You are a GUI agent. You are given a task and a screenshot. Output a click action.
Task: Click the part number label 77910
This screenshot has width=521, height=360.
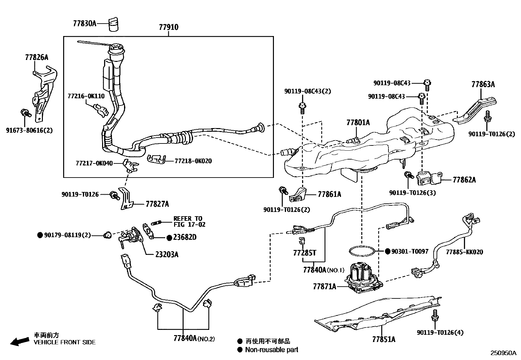pos(169,27)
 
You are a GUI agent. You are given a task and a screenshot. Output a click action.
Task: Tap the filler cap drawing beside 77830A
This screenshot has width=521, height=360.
pos(113,24)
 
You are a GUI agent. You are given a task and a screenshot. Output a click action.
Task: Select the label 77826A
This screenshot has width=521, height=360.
pos(36,57)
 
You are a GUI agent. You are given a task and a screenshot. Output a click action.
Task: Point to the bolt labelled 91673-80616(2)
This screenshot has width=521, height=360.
pos(25,113)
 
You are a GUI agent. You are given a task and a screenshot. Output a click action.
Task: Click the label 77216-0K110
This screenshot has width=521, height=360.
pos(86,96)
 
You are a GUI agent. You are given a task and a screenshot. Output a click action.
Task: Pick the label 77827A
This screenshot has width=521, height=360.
pos(157,204)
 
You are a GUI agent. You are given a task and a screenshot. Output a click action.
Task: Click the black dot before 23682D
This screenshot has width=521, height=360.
pos(169,238)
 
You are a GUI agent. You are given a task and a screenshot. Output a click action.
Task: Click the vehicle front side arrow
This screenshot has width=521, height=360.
pos(19,342)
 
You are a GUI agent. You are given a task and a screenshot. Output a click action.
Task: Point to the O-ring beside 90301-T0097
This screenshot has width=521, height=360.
pos(361,252)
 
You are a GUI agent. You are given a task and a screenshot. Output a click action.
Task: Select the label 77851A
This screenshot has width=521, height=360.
pos(384,339)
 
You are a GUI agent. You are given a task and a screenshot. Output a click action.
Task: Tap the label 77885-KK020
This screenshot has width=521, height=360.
pos(464,252)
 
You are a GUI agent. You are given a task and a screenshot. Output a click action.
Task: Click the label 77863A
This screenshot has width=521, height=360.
pos(483,84)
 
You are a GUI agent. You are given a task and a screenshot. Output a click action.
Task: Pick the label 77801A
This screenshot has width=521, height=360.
pos(358,123)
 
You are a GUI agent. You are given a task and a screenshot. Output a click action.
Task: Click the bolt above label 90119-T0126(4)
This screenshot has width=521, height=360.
pos(435,315)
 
